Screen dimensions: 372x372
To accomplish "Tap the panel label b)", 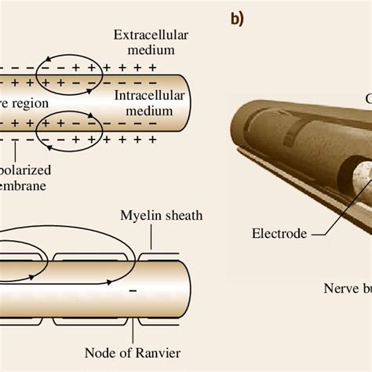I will click(239, 20).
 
